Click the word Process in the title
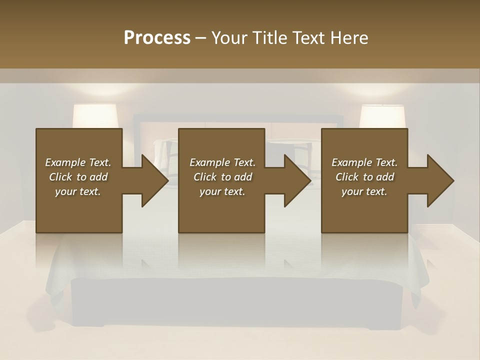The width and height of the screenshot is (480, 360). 157,38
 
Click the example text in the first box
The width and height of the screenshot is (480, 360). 78,177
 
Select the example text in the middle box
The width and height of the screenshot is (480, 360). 222,177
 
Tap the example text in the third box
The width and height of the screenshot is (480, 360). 364,177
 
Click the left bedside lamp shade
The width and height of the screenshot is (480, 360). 95,116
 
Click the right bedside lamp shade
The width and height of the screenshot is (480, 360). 382,116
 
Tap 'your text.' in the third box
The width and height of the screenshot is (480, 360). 364,191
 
